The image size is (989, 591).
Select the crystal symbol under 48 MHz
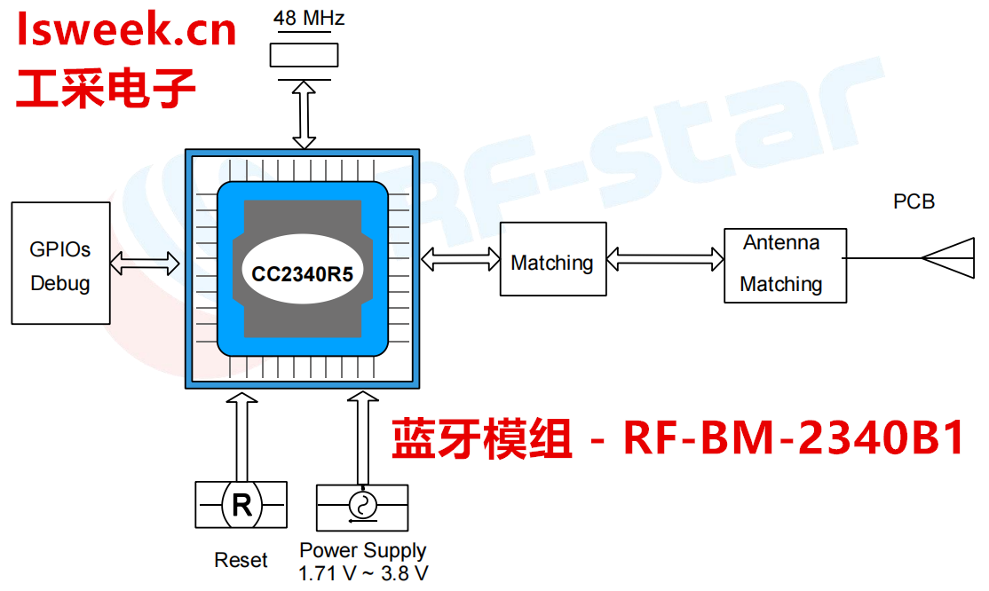point(304,55)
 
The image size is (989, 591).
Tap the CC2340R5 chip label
point(302,273)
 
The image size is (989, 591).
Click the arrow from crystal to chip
point(305,114)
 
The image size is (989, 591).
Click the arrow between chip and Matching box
point(460,258)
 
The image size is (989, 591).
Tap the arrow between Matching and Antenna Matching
point(665,259)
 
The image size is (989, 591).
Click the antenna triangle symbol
point(948,258)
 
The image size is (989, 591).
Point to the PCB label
point(914,202)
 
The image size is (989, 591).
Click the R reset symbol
point(241,505)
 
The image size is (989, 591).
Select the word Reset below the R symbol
point(241,561)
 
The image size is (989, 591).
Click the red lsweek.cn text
point(127,30)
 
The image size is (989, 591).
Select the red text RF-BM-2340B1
point(795,438)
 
